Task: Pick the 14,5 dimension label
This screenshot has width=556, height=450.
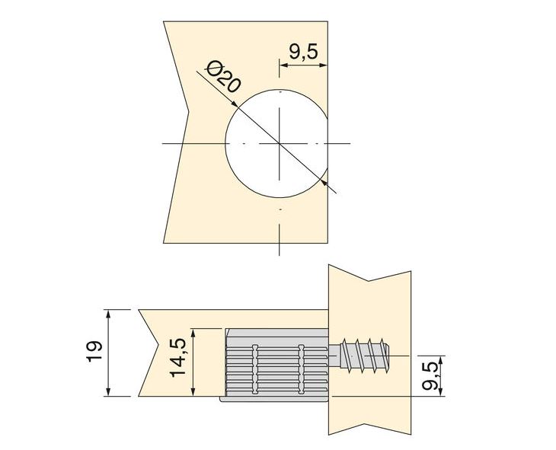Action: (178, 359)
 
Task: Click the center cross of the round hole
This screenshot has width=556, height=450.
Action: (280, 143)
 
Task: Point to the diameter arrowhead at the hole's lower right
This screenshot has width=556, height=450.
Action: (326, 182)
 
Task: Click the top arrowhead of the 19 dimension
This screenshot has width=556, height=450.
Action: (110, 313)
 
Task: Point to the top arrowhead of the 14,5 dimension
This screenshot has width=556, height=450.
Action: (197, 333)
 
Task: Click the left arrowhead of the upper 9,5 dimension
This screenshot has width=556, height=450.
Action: (284, 65)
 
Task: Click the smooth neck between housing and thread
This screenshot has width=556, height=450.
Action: (334, 354)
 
